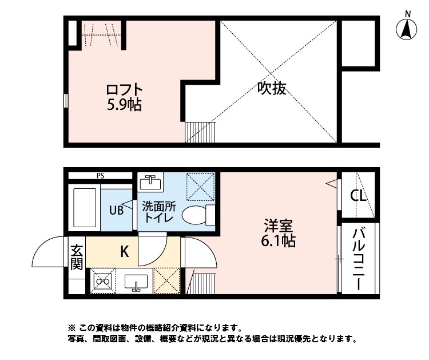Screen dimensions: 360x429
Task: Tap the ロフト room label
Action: coord(124,90)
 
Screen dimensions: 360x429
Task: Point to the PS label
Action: coord(101,176)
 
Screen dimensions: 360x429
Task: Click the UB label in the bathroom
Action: coord(116,210)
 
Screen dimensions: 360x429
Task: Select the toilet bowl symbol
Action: coord(195,216)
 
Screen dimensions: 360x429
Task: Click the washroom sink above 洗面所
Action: coord(150,183)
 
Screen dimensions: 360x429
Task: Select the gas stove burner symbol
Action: coord(103,282)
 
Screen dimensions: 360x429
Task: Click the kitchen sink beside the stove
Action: coord(136,282)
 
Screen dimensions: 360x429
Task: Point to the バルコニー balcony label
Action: coord(359,259)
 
